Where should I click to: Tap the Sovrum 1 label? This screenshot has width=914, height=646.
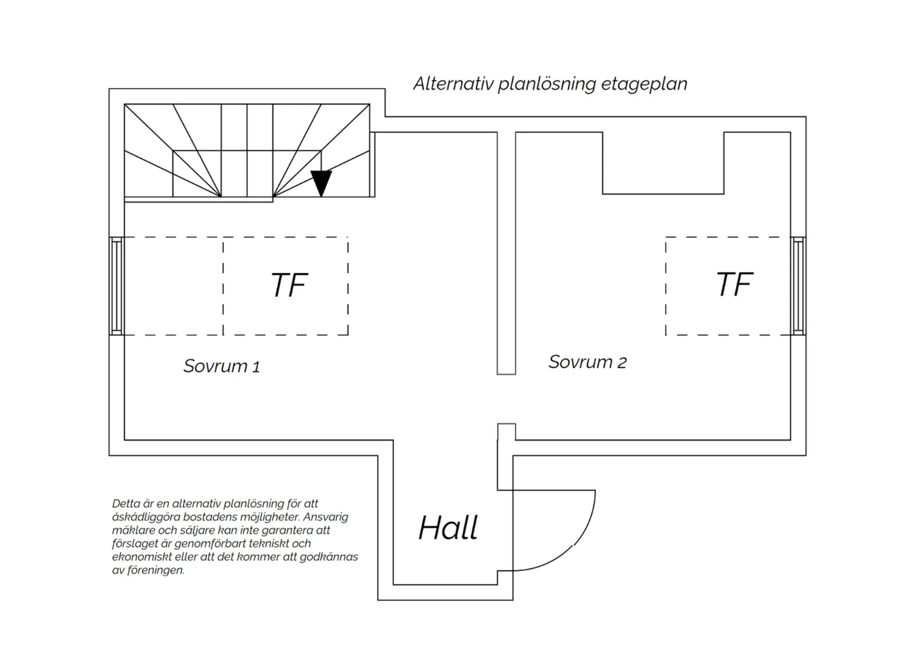(222, 366)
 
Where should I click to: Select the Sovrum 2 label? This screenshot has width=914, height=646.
(587, 362)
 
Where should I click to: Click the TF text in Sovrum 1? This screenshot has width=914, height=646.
(289, 285)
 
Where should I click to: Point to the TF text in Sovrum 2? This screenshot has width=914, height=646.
(734, 284)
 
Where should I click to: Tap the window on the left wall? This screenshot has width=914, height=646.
(116, 286)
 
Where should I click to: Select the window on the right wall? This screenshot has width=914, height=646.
(798, 286)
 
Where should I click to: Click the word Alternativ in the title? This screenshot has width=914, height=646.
(453, 83)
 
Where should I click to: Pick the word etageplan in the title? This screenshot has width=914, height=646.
(644, 85)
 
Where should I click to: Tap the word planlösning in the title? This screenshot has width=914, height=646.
(547, 85)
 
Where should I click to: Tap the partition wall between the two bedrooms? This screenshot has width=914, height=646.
(506, 253)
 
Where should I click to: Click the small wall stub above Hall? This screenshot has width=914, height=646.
(506, 431)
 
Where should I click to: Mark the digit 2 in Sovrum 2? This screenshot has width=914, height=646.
(622, 363)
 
